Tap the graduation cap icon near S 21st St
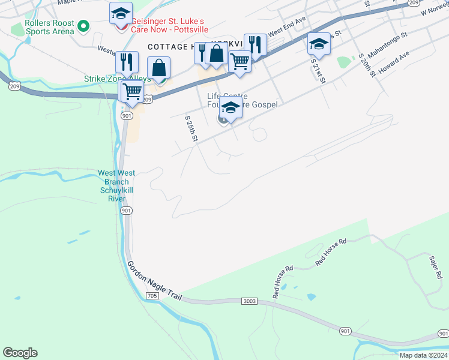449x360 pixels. tap(319, 44)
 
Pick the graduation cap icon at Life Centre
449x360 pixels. tap(231, 109)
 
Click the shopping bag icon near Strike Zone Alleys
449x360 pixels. tap(159, 68)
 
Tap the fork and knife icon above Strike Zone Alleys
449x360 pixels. tap(127, 62)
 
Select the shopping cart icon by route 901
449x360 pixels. tap(131, 92)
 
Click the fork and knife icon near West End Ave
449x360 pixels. tap(255, 44)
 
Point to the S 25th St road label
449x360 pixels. tap(191, 128)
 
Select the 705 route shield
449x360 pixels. tap(152, 295)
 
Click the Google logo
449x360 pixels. tap(20, 353)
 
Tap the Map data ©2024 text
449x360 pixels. tap(423, 355)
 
